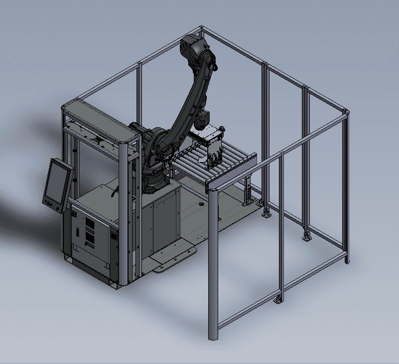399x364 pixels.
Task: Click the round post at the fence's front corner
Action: [x=213, y=264]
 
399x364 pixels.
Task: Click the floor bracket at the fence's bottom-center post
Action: [x=278, y=300]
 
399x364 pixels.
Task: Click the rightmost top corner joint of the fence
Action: [x=346, y=111]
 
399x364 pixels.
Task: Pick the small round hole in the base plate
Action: [x=202, y=203]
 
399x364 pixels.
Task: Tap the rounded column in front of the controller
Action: [x=123, y=214]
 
